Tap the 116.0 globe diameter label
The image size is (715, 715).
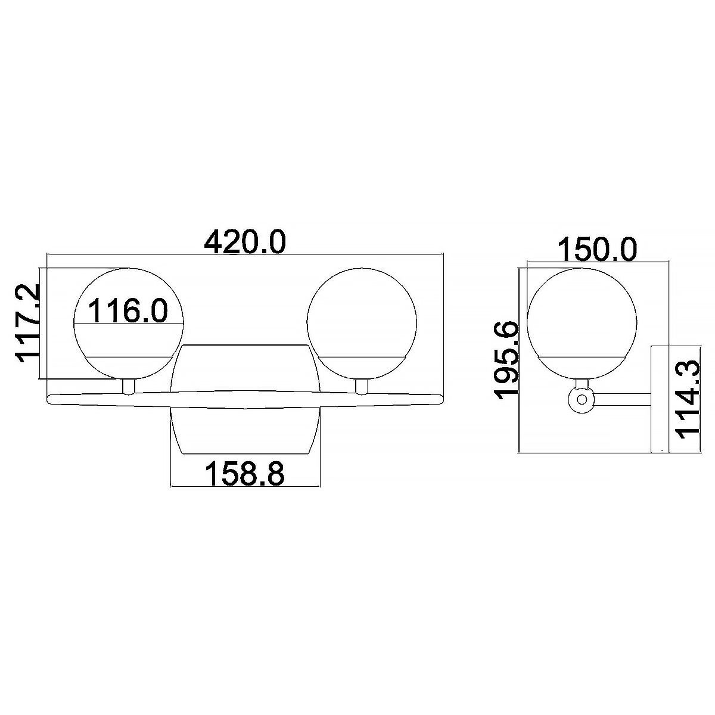[x=128, y=311]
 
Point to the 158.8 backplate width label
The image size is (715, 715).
[x=245, y=474]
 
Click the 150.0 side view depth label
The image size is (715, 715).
[x=598, y=250]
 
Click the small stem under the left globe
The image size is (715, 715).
[x=128, y=387]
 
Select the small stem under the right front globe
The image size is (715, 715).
[x=361, y=387]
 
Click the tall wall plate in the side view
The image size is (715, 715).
[x=660, y=398]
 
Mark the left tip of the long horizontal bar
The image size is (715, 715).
[x=50, y=397]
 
